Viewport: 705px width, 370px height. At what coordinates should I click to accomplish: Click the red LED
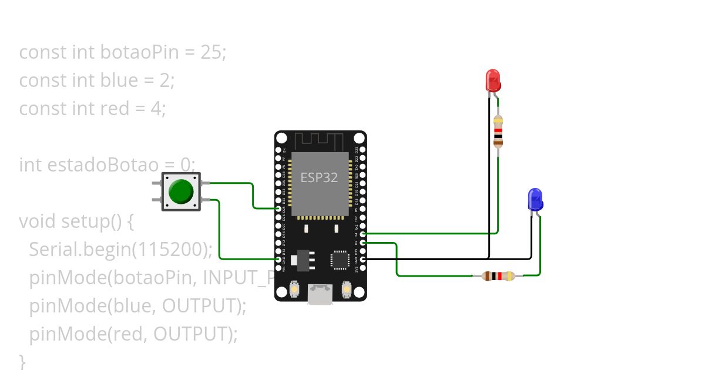click(493, 80)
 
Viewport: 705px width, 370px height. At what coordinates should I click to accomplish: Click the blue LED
click(535, 199)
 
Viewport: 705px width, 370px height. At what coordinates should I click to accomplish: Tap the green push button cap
click(181, 191)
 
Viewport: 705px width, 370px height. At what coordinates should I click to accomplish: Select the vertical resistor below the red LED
click(498, 130)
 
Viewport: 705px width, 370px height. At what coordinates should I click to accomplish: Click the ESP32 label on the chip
click(319, 177)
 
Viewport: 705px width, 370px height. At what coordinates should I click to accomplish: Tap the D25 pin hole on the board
click(278, 208)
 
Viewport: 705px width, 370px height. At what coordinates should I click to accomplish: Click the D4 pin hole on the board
click(362, 234)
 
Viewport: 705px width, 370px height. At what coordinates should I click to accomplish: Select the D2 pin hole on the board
click(362, 242)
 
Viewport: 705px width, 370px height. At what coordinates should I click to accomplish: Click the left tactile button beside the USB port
click(294, 290)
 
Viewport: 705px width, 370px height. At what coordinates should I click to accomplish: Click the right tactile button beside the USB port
click(347, 290)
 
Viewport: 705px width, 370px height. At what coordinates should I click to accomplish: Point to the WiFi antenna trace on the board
click(319, 141)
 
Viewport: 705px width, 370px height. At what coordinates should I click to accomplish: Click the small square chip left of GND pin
click(340, 260)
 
